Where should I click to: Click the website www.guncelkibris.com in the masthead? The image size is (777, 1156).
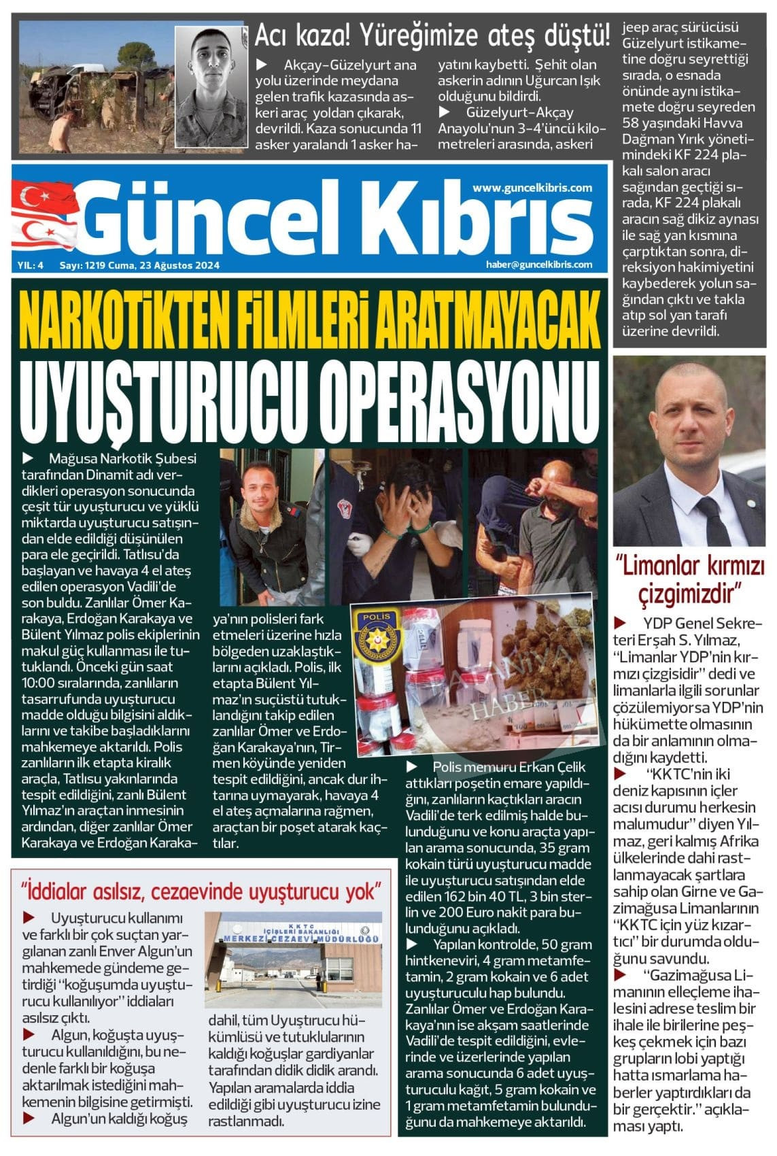(x=532, y=188)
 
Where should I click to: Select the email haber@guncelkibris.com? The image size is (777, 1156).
(x=538, y=265)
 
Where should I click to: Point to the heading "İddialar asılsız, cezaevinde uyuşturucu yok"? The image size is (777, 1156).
(x=201, y=890)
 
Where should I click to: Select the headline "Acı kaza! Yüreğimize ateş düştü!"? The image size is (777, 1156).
(x=431, y=35)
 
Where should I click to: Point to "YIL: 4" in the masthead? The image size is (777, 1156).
(x=31, y=266)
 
